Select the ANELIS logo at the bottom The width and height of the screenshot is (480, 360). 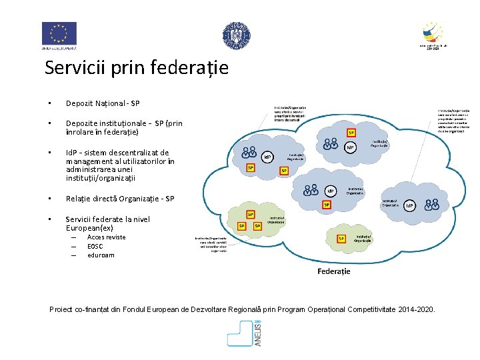(245, 333)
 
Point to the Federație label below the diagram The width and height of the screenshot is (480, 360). (333, 271)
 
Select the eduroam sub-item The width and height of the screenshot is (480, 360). (101, 255)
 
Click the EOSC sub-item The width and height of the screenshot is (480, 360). (95, 246)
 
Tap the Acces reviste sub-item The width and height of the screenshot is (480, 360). (106, 237)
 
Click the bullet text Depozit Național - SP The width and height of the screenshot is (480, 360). (103, 103)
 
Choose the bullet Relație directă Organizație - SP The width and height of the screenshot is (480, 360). (120, 199)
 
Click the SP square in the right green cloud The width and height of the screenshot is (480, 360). (341, 238)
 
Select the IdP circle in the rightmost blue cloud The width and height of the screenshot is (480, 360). (409, 206)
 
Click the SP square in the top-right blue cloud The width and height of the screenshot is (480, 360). (351, 132)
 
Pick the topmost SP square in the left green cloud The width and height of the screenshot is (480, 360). (251, 215)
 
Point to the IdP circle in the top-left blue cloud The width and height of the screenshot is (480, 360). (267, 157)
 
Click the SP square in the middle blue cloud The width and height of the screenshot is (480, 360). (327, 205)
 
